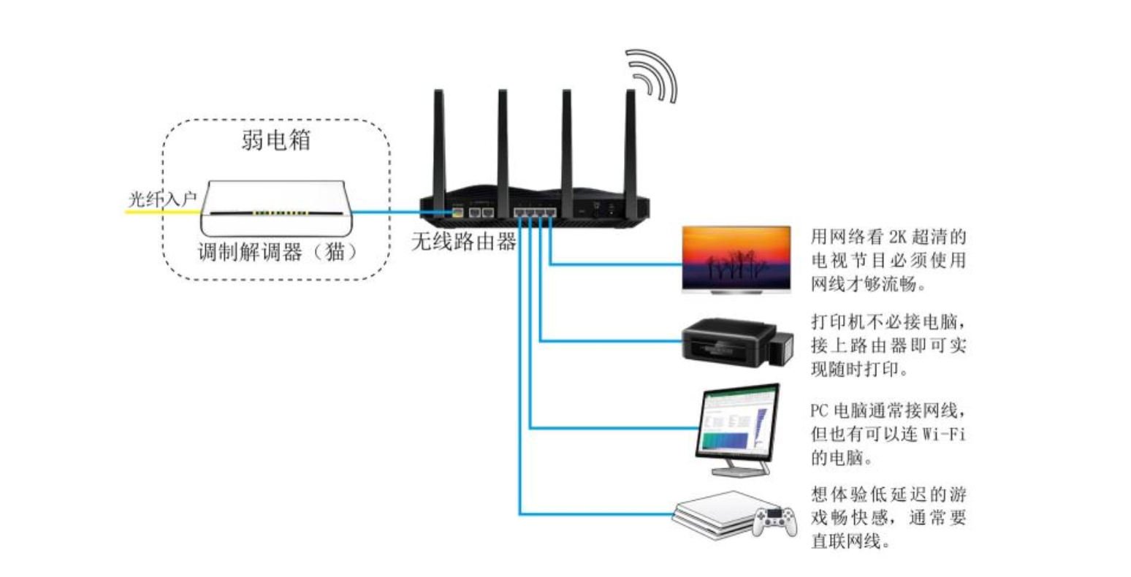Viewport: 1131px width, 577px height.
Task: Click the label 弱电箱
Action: [x=275, y=139]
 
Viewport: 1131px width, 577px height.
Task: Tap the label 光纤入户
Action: [x=162, y=199]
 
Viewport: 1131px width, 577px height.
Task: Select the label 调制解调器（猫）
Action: [x=278, y=252]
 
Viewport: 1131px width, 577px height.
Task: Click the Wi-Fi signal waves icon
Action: [x=652, y=75]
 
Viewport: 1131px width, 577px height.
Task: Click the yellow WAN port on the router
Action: [x=458, y=213]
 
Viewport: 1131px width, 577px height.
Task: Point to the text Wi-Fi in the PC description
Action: [x=944, y=434]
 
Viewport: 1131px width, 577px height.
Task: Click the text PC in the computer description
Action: [x=819, y=409]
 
